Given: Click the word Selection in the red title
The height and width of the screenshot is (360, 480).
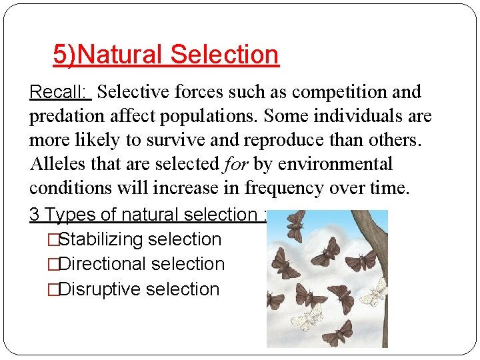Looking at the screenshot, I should click(224, 55).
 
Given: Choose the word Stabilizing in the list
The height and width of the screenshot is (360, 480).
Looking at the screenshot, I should click(101, 239).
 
